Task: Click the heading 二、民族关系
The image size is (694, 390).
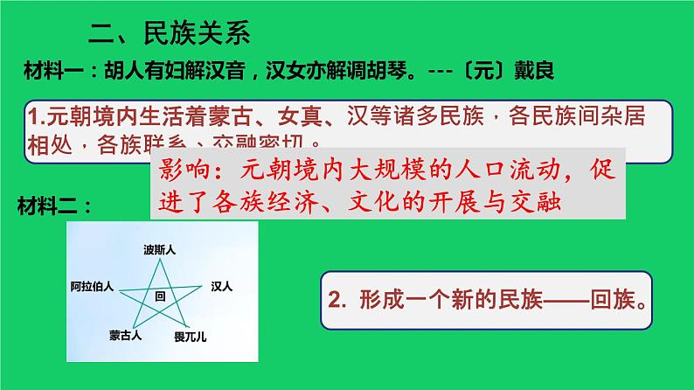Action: point(170,35)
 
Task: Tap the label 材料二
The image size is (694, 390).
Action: point(53,205)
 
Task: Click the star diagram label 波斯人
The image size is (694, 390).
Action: point(160,250)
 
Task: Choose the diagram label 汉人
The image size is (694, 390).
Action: point(222,286)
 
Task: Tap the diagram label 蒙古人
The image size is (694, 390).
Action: point(125,335)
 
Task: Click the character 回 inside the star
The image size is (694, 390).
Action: point(159,296)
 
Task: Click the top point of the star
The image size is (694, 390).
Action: point(160,261)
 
